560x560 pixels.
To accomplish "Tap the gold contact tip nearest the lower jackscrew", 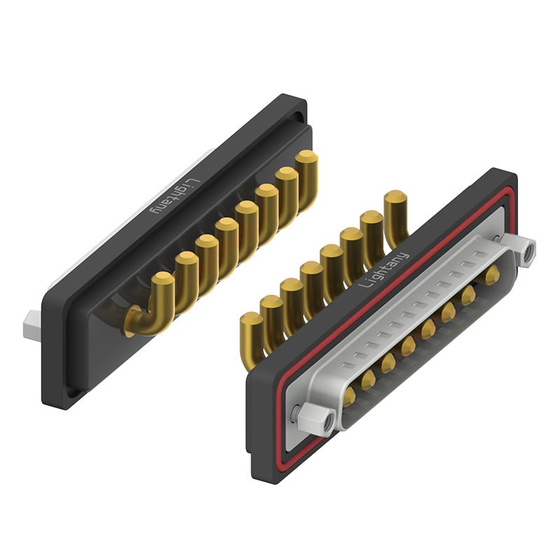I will tap(349, 398).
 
